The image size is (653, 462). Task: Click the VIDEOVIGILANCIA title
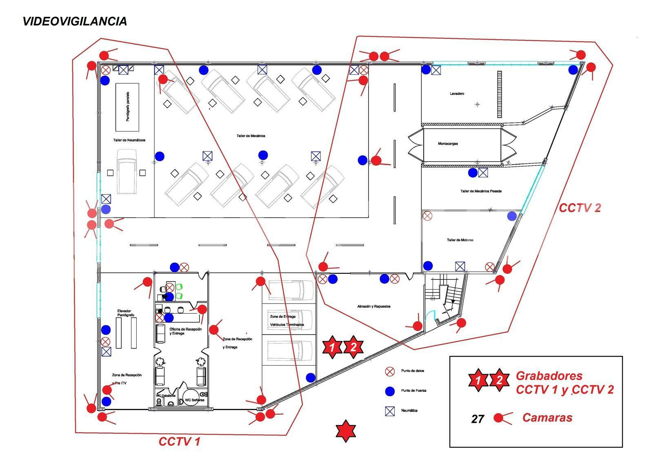click(x=74, y=21)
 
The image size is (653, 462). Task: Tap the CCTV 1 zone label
click(x=179, y=442)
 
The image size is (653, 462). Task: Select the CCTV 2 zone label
click(x=580, y=208)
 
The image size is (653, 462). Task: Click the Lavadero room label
click(x=457, y=94)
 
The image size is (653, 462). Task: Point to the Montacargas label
click(x=448, y=143)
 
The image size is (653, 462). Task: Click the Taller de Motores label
click(x=460, y=240)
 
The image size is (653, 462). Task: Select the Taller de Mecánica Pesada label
click(x=481, y=191)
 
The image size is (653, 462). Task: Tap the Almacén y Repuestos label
click(x=374, y=306)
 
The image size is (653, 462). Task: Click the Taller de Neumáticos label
click(x=129, y=140)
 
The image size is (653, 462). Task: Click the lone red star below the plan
click(x=346, y=431)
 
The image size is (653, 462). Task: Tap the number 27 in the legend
click(x=478, y=419)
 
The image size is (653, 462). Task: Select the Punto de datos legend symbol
click(x=390, y=371)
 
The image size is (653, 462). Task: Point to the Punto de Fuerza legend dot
click(x=390, y=391)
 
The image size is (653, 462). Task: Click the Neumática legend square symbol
click(x=390, y=411)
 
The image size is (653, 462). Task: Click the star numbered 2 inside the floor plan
click(x=353, y=348)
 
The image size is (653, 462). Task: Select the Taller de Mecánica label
click(x=251, y=136)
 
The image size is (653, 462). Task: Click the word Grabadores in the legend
click(x=549, y=376)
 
